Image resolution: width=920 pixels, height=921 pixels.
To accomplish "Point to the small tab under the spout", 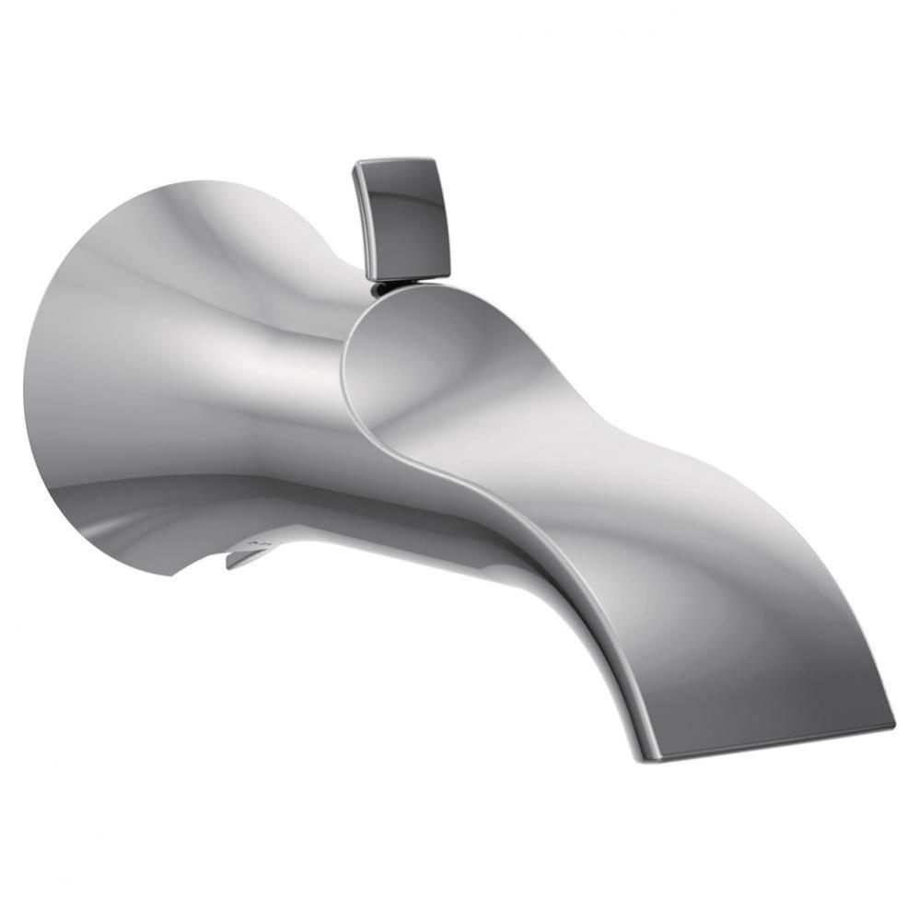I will point(247,555).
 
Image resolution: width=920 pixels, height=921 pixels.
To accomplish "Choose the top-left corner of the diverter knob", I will point(355,165).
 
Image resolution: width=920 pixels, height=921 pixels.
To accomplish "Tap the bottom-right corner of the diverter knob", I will point(448,274).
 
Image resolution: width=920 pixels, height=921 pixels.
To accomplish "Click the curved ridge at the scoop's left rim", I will point(347,368).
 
